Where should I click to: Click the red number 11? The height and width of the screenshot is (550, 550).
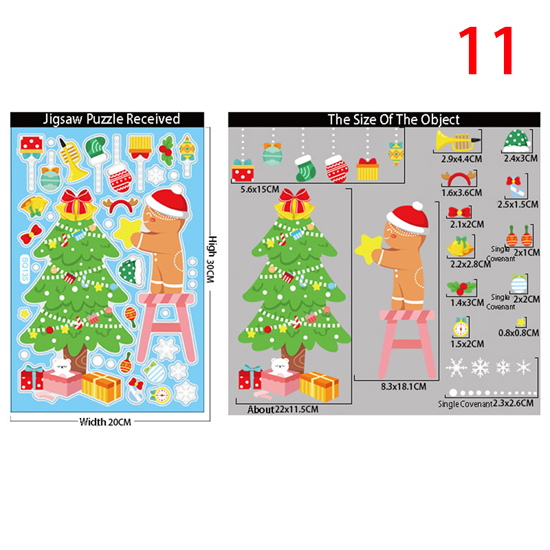coord(487,51)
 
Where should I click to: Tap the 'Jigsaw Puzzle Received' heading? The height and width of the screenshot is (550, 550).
coord(111,119)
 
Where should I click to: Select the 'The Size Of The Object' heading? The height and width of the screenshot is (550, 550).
coord(393,120)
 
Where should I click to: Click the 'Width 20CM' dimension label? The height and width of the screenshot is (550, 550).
coord(105,422)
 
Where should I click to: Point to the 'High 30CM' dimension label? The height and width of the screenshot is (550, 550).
coord(212,259)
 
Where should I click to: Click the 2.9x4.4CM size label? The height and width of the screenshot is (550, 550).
coord(461,159)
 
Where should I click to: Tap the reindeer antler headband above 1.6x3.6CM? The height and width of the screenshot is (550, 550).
coord(459,178)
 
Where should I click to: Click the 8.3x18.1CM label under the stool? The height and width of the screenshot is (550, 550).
coord(404,386)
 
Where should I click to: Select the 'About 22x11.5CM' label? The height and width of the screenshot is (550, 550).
coord(283,409)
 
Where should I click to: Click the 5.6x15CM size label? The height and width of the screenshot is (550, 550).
coord(260,190)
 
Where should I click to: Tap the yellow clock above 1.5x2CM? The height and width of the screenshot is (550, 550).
coord(461,327)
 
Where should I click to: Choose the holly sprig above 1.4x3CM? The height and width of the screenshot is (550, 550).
coord(461,287)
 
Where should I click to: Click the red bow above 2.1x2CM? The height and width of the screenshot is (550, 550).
coord(459,212)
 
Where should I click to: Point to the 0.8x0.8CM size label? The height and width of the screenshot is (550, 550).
coord(518,333)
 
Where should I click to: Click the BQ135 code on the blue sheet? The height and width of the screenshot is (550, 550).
coord(25,269)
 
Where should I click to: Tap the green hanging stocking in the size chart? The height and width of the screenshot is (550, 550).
coord(305,168)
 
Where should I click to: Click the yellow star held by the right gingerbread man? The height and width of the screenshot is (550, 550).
coord(368,248)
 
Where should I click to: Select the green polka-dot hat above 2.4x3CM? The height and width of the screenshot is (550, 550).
coord(517,141)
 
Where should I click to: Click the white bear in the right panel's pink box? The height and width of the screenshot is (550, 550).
coord(280,366)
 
